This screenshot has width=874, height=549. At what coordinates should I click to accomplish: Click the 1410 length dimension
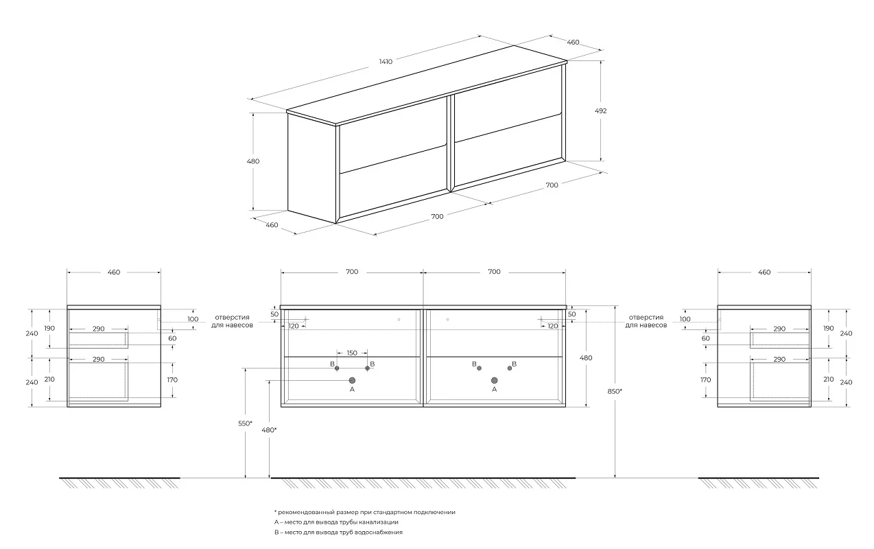[x=386, y=62]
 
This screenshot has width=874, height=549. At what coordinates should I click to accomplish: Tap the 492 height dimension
[x=600, y=110]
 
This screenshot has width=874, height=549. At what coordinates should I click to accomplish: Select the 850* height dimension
[x=615, y=391]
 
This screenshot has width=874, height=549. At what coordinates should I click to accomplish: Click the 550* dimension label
[x=245, y=423]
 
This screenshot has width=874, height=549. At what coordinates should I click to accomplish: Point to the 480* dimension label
[x=269, y=430]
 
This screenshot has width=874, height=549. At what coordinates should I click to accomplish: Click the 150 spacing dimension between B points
[x=352, y=353]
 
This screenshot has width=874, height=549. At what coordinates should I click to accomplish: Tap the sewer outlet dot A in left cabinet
[x=352, y=380]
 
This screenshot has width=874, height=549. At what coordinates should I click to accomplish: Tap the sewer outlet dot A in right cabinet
[x=495, y=380]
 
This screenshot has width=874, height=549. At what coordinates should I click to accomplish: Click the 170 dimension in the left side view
[x=172, y=379]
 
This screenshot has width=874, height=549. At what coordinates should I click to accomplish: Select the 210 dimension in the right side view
[x=828, y=379]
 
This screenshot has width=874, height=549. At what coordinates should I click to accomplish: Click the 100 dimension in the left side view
[x=193, y=319]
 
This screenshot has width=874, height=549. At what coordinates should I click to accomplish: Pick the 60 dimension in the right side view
[x=705, y=339]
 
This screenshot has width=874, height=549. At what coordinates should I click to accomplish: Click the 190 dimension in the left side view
[x=49, y=329]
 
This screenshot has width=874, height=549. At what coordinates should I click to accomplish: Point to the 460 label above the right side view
[x=764, y=272]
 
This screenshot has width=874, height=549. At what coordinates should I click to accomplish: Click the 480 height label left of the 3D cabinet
[x=253, y=161]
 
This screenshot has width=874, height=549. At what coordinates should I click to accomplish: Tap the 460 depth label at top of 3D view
[x=573, y=42]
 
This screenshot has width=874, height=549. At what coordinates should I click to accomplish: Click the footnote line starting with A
[x=336, y=522]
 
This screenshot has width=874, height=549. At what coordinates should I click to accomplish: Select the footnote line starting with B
[x=338, y=533]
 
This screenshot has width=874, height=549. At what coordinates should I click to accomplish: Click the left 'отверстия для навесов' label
[x=232, y=321]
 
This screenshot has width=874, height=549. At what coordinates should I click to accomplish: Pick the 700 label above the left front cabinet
[x=352, y=272]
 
